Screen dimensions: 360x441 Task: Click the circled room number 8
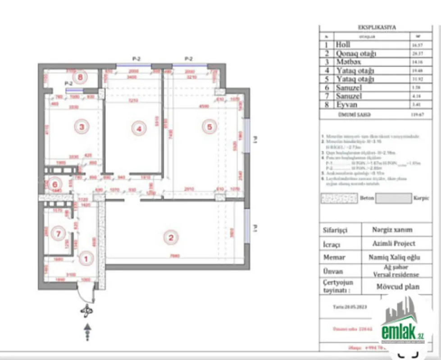click(x=81, y=77)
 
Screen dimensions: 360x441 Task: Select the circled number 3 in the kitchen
click(x=82, y=127)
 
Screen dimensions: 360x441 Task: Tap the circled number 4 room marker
click(x=139, y=129)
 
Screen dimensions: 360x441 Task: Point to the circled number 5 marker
click(x=209, y=127)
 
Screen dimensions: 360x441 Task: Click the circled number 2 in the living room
click(x=170, y=238)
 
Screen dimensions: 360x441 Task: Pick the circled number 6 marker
click(x=55, y=184)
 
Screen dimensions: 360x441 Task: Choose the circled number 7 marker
click(x=57, y=233)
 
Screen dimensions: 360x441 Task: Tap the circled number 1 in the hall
click(x=85, y=259)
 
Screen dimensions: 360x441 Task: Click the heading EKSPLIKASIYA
click(x=377, y=27)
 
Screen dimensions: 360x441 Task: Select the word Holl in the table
click(x=343, y=45)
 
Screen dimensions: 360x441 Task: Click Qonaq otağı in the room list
click(x=356, y=54)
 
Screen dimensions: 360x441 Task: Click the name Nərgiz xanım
click(x=392, y=229)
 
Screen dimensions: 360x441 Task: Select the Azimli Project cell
click(x=394, y=243)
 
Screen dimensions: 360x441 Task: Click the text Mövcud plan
click(x=398, y=286)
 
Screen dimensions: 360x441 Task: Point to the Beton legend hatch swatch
click(x=339, y=198)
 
